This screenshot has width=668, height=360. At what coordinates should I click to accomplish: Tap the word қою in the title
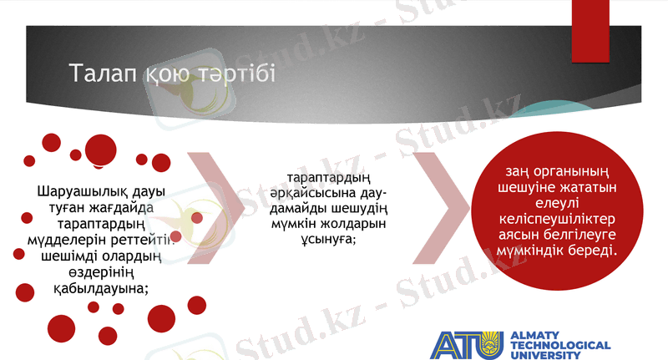click(x=170, y=75)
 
